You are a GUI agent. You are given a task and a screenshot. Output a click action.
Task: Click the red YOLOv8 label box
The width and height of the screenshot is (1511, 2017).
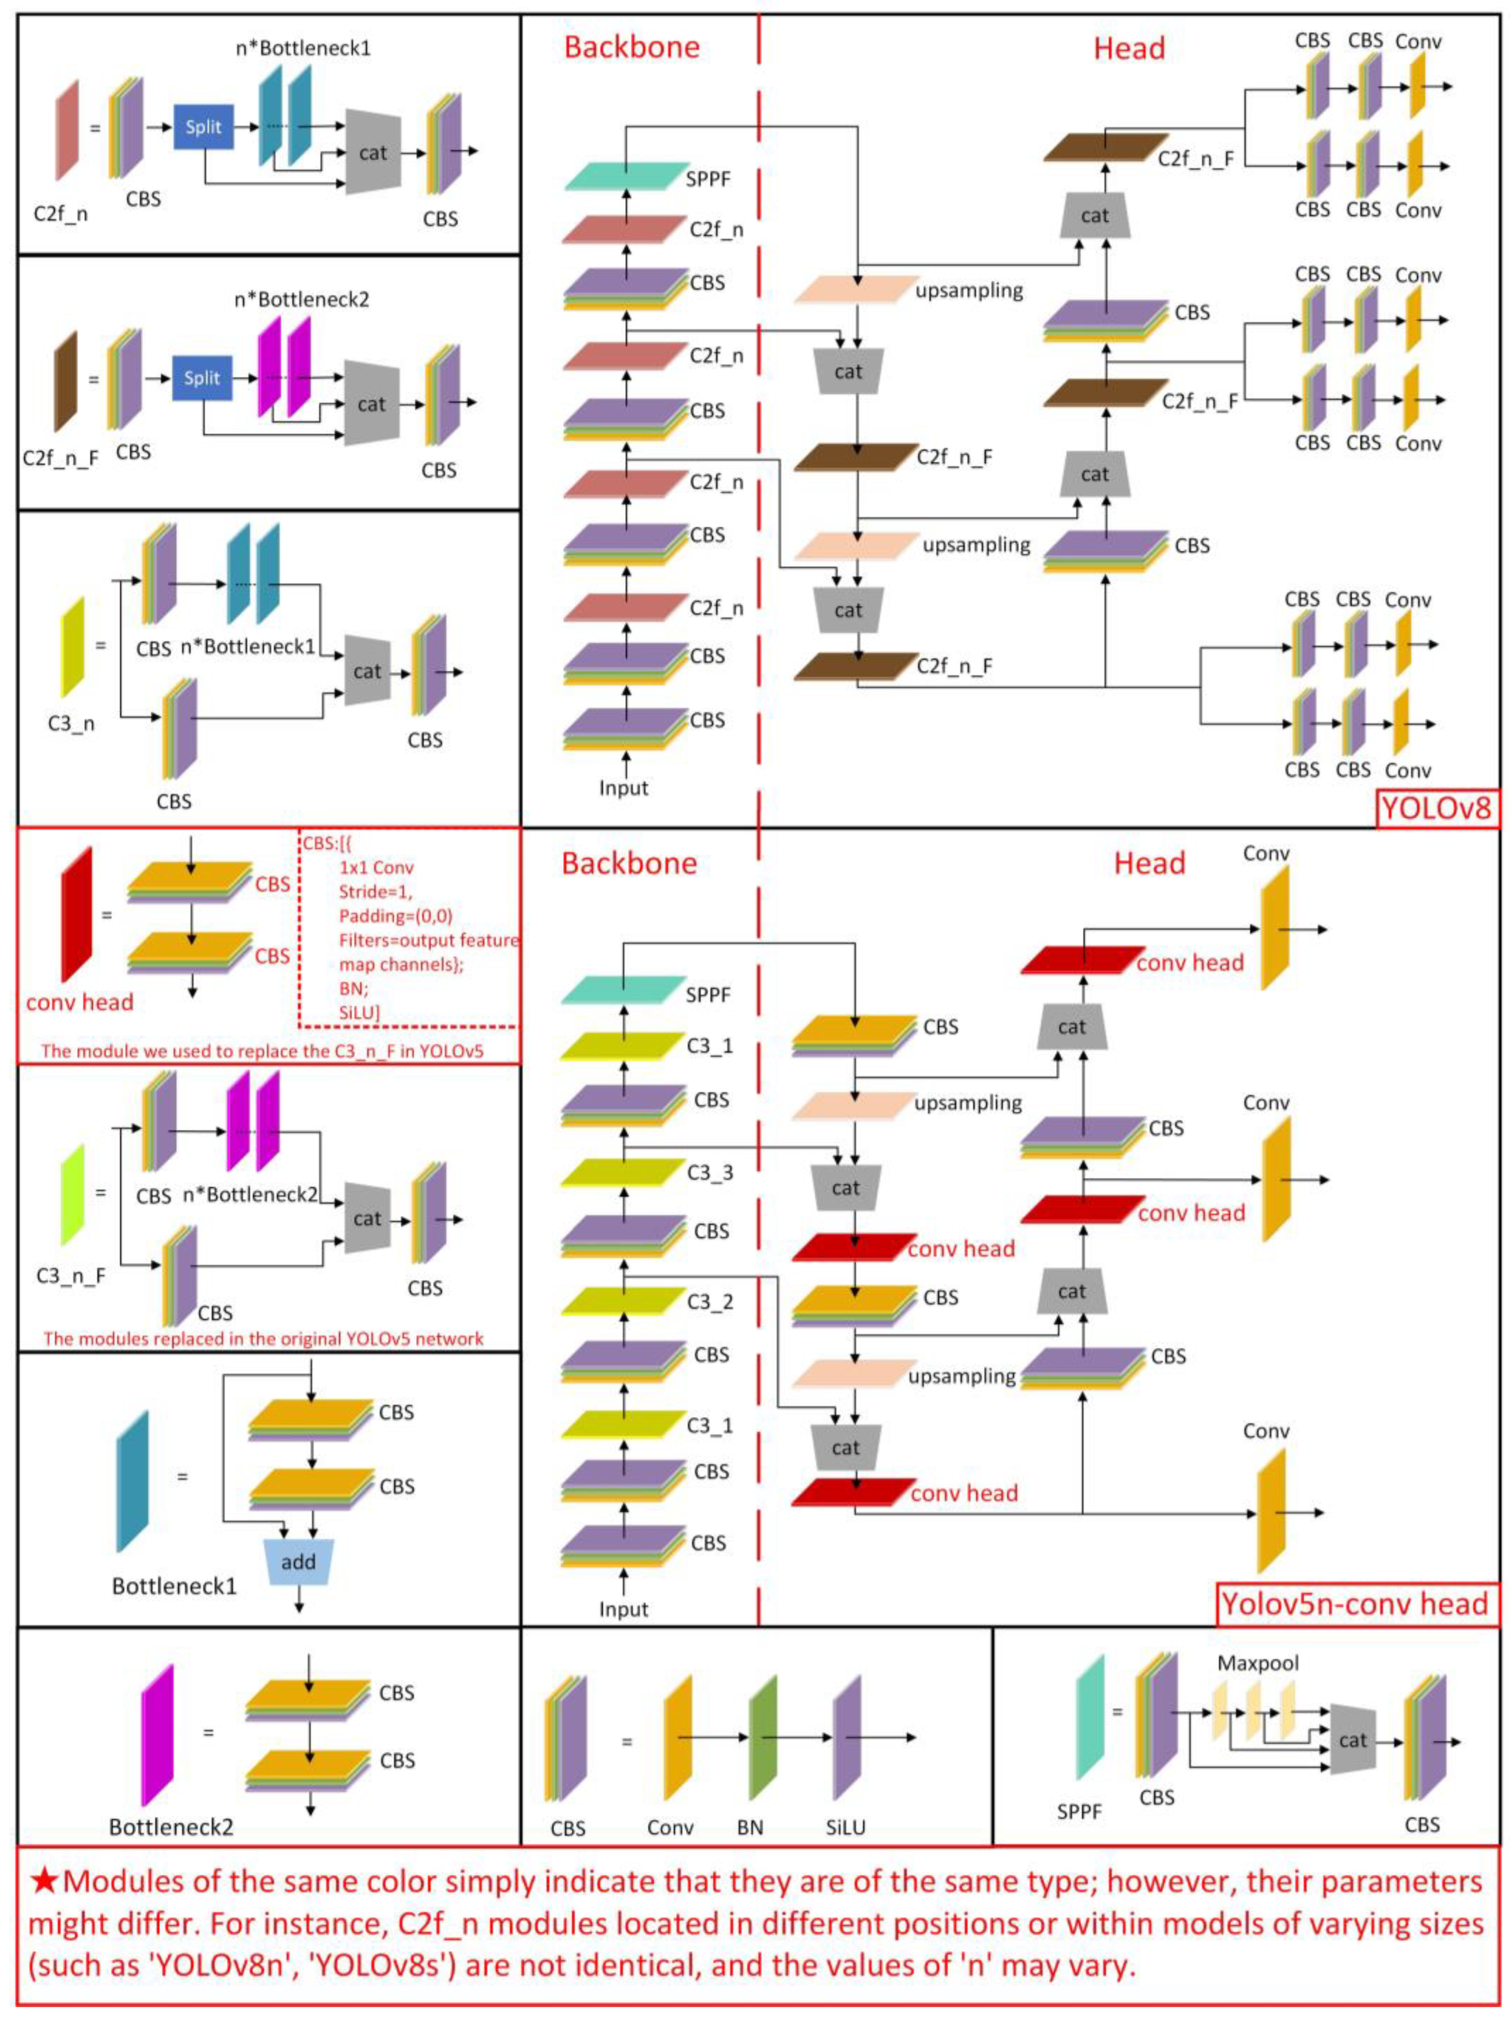click(1436, 809)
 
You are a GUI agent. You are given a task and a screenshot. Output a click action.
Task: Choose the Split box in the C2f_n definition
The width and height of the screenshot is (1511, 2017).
click(203, 128)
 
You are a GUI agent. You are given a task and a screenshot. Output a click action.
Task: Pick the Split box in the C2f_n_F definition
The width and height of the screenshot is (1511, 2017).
click(202, 378)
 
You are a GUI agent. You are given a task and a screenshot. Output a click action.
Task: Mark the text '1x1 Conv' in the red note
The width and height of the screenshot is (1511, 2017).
click(376, 868)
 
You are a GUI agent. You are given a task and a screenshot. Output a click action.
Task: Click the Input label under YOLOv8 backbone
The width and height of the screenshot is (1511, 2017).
click(623, 789)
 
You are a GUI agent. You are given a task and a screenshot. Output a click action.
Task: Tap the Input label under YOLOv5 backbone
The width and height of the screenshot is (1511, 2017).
click(623, 1609)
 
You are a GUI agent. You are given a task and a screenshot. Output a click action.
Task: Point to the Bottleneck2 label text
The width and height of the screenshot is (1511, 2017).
click(170, 1826)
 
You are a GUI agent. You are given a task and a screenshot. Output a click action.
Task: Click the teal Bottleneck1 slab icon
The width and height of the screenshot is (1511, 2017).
click(132, 1482)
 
